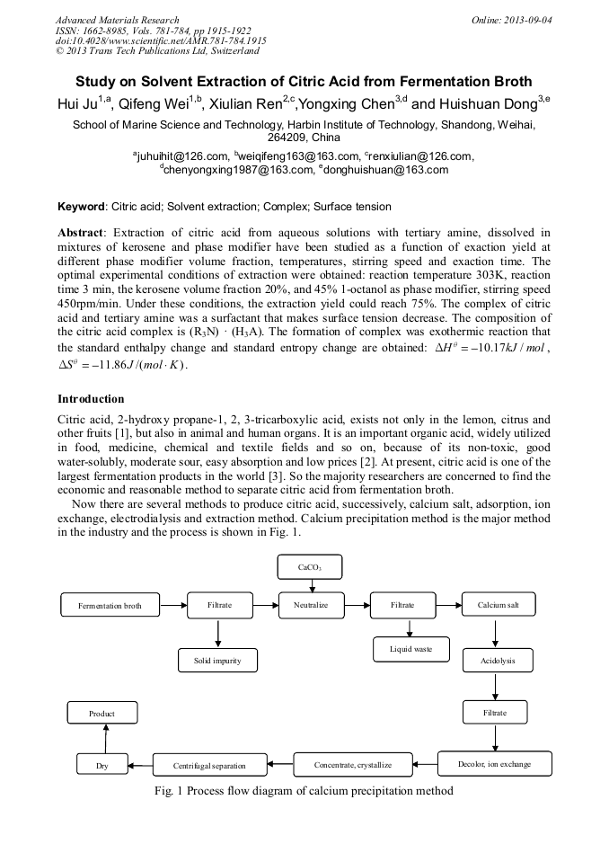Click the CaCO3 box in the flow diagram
[x=311, y=568]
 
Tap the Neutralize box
[x=311, y=605]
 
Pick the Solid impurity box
[x=218, y=661]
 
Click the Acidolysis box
[x=495, y=661]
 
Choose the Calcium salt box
[x=499, y=605]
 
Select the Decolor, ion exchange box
[x=495, y=764]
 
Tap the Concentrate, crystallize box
[x=353, y=765]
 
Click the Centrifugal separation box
[x=210, y=766]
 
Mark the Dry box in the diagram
[x=102, y=766]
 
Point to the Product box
[x=102, y=714]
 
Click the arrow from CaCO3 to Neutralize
[x=311, y=586]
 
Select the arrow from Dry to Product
[x=106, y=739]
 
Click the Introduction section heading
[x=91, y=398]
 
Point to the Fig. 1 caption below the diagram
[x=304, y=791]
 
